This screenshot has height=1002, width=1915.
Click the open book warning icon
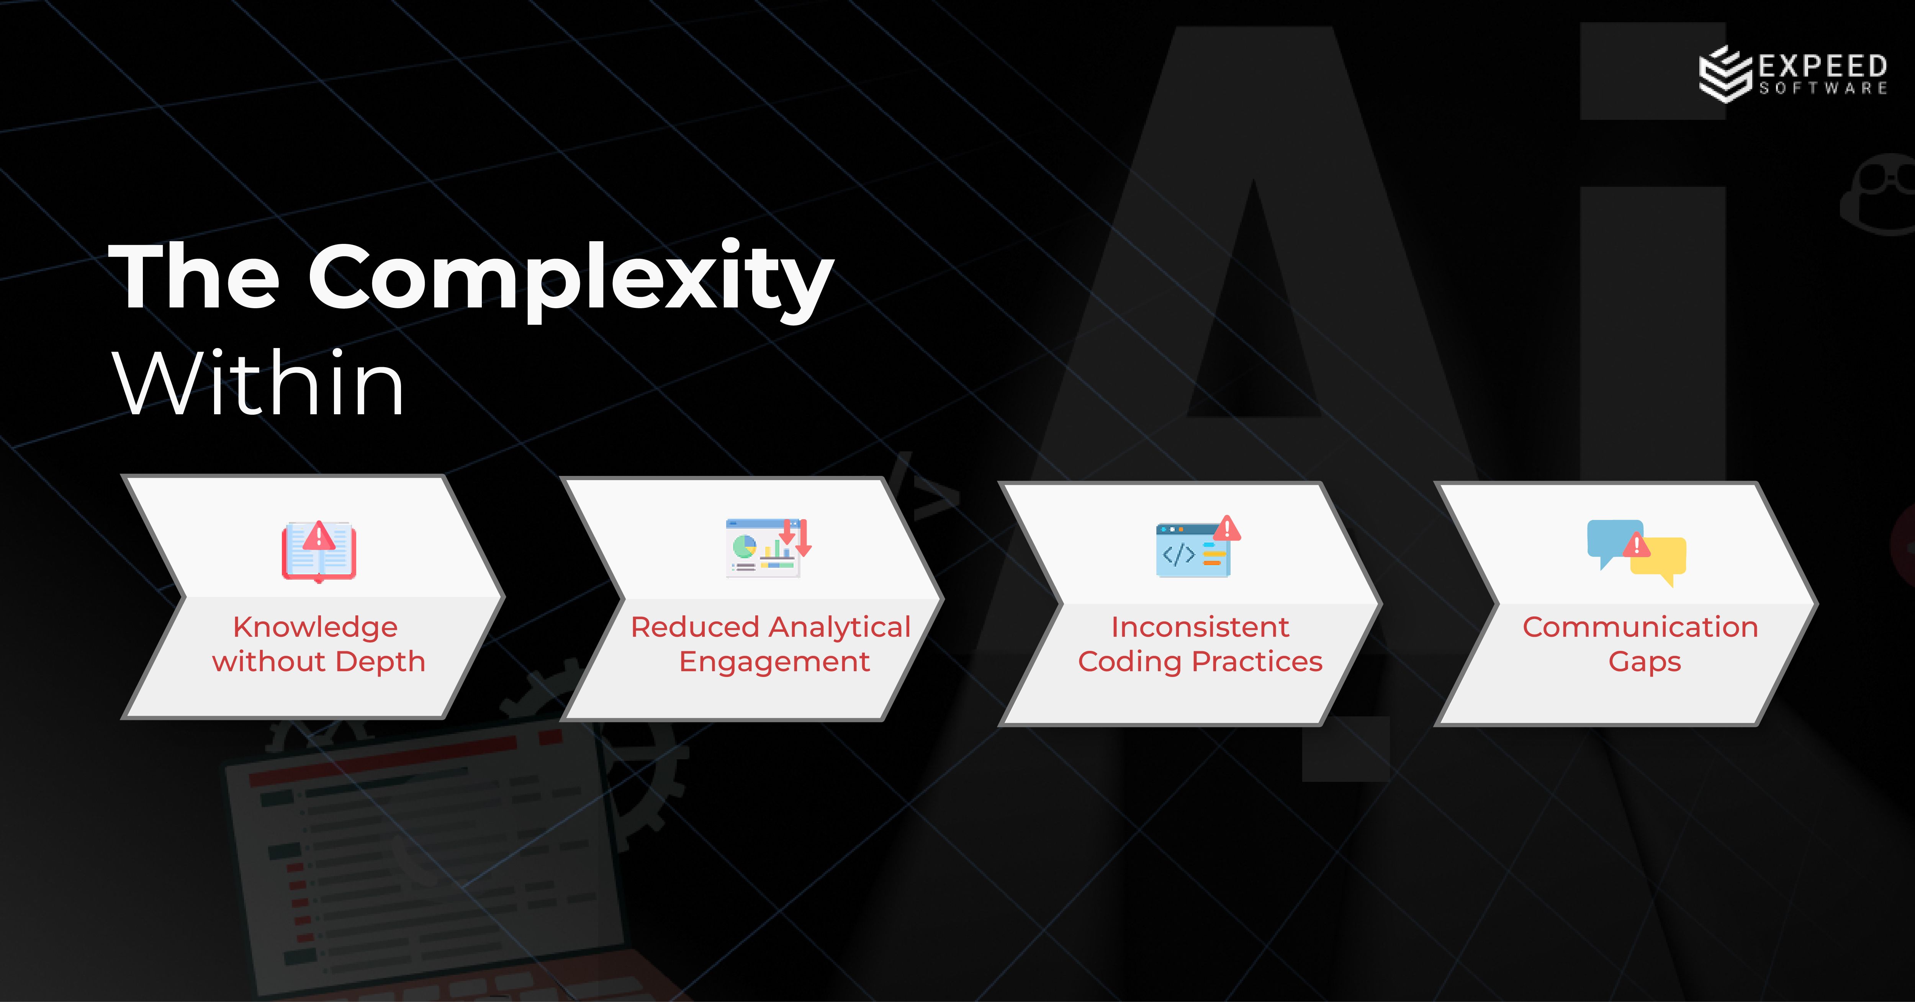tap(319, 551)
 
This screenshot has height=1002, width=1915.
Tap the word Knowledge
tap(315, 627)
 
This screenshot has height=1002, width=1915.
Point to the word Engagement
tap(774, 662)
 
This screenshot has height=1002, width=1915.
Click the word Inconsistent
tap(1200, 627)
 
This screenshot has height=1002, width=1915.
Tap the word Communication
tap(1640, 627)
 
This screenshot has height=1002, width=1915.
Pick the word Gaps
tap(1644, 662)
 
